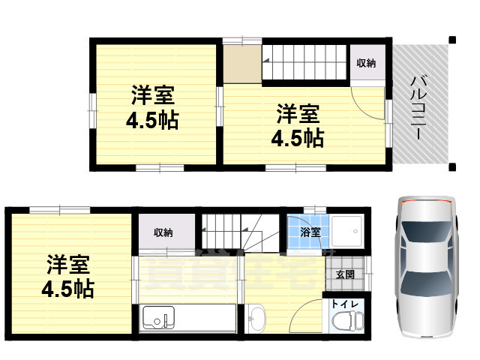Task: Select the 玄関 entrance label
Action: (x=346, y=274)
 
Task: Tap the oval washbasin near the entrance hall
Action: (x=256, y=318)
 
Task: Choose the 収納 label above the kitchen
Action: (x=163, y=232)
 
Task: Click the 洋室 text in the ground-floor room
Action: (x=69, y=265)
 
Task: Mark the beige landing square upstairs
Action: (x=241, y=64)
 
